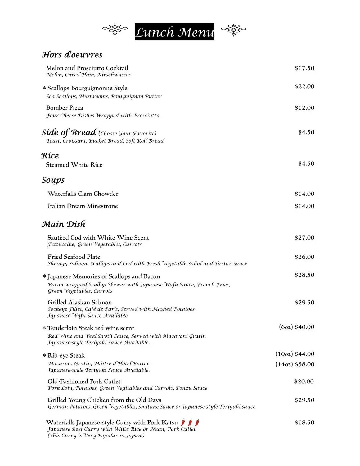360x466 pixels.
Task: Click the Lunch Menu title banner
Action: point(174,32)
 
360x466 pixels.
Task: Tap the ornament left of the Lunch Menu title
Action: point(115,29)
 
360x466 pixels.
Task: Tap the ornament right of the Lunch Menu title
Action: point(234,29)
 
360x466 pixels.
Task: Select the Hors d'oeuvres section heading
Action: point(72,55)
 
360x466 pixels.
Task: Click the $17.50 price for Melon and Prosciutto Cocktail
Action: point(304,68)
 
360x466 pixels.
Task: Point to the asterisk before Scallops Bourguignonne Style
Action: point(44,89)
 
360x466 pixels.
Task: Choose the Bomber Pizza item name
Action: point(65,108)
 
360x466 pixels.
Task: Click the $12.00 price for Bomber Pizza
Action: point(304,108)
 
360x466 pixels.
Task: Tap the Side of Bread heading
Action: point(69,132)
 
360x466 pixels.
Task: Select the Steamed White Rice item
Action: point(74,165)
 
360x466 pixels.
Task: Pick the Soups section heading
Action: point(53,180)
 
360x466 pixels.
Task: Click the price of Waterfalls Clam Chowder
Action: point(304,194)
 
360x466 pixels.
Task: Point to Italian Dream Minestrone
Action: point(83,206)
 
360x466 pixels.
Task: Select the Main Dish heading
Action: point(64,224)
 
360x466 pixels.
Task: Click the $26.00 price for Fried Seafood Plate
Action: point(304,257)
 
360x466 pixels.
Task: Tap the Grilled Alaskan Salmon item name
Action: point(80,302)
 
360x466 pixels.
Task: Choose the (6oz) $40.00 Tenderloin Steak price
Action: point(296,327)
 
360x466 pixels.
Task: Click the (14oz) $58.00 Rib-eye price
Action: point(295,364)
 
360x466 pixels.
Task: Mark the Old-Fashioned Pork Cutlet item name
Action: point(84,381)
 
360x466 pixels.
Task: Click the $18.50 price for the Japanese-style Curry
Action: point(304,423)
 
